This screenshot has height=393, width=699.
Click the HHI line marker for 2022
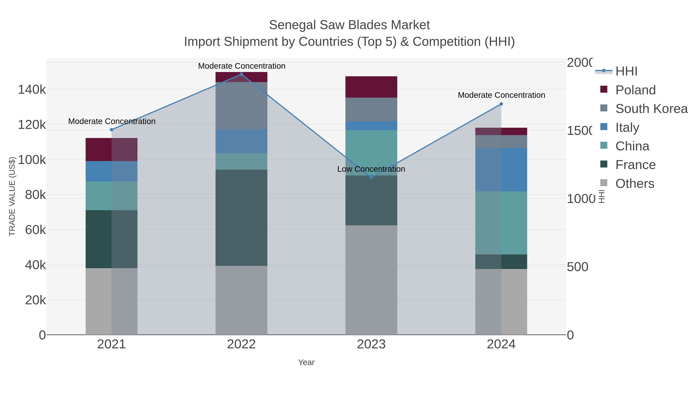pyautogui.click(x=241, y=74)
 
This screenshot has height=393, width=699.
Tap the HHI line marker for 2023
pyautogui.click(x=371, y=177)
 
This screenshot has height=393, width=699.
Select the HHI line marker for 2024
pyautogui.click(x=501, y=104)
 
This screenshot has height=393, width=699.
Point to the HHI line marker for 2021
pyautogui.click(x=111, y=130)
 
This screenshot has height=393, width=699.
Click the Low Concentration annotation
pyautogui.click(x=371, y=169)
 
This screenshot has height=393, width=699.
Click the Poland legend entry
pyautogui.click(x=635, y=90)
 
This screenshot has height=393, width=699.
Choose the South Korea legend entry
pyautogui.click(x=651, y=109)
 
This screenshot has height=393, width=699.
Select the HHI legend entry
pyautogui.click(x=626, y=71)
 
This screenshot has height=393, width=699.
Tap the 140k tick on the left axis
pyautogui.click(x=32, y=89)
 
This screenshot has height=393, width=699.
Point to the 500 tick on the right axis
pyautogui.click(x=577, y=267)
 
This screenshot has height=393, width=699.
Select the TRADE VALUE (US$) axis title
pyautogui.click(x=12, y=196)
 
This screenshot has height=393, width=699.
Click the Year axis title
pyautogui.click(x=306, y=362)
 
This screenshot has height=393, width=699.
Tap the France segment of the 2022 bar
pyautogui.click(x=241, y=218)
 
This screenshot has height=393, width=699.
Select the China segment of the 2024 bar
pyautogui.click(x=501, y=223)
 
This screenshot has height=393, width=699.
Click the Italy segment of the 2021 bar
pyautogui.click(x=111, y=171)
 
